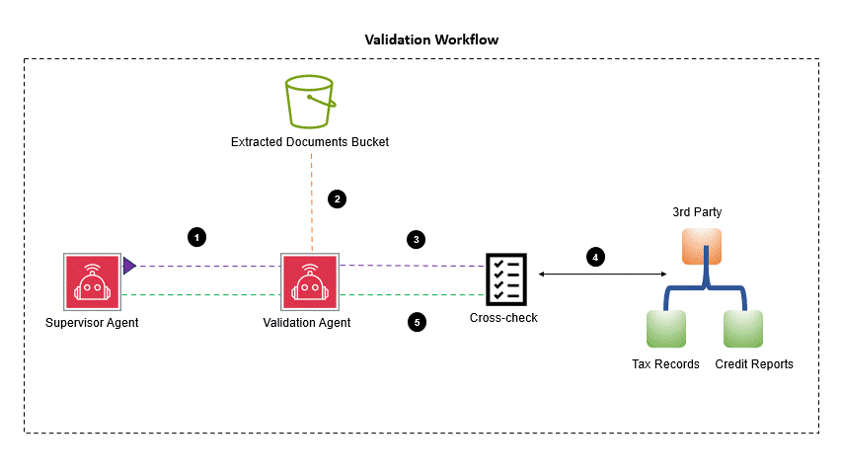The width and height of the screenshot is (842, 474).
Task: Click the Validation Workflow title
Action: pyautogui.click(x=431, y=40)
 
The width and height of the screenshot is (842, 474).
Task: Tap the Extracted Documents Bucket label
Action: pyautogui.click(x=310, y=142)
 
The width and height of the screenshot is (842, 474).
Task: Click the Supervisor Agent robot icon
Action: pyautogui.click(x=92, y=280)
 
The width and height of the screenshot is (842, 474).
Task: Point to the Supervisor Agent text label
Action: pyautogui.click(x=92, y=323)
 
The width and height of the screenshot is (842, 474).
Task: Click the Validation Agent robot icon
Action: pyautogui.click(x=309, y=280)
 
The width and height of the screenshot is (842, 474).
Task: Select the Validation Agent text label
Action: pyautogui.click(x=307, y=323)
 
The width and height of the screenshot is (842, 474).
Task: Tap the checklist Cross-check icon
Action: pyautogui.click(x=504, y=278)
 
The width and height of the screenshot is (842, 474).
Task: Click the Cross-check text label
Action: pyautogui.click(x=503, y=318)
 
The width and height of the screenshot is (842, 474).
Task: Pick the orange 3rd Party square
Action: pyautogui.click(x=702, y=246)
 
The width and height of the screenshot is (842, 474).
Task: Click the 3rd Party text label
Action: pyautogui.click(x=702, y=212)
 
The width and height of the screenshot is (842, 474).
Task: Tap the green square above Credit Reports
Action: pyautogui.click(x=742, y=328)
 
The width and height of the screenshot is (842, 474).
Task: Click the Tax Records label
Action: pyautogui.click(x=665, y=364)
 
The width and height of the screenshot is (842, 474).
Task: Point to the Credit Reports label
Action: pyautogui.click(x=754, y=364)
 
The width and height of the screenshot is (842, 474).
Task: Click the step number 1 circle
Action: pyautogui.click(x=197, y=237)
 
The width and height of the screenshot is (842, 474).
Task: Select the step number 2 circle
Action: pyautogui.click(x=338, y=198)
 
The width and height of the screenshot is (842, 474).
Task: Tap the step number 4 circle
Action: pyautogui.click(x=595, y=257)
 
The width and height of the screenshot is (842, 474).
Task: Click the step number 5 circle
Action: pyautogui.click(x=417, y=321)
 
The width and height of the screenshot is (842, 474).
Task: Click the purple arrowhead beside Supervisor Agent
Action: pyautogui.click(x=129, y=265)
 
